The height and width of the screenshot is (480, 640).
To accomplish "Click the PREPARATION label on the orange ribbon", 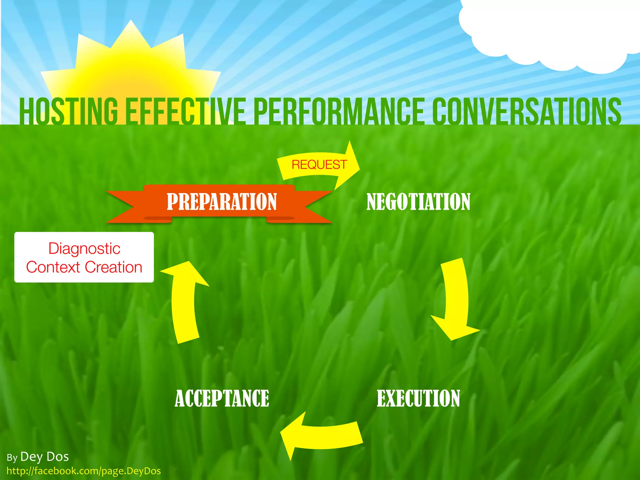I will (x=222, y=202).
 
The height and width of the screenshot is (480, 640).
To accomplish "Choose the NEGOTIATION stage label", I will (x=418, y=202).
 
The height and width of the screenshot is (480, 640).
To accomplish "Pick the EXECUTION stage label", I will (x=418, y=398).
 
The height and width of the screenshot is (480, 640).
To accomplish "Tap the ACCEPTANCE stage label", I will (x=222, y=398).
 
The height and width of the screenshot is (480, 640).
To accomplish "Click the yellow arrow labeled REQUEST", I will (x=319, y=165).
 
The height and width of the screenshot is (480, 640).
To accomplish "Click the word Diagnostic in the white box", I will (x=84, y=249).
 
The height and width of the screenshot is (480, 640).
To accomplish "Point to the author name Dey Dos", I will (x=44, y=457).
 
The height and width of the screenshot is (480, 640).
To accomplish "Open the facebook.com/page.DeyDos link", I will (x=84, y=471).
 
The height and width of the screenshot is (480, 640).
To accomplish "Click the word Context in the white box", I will (x=53, y=267).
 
